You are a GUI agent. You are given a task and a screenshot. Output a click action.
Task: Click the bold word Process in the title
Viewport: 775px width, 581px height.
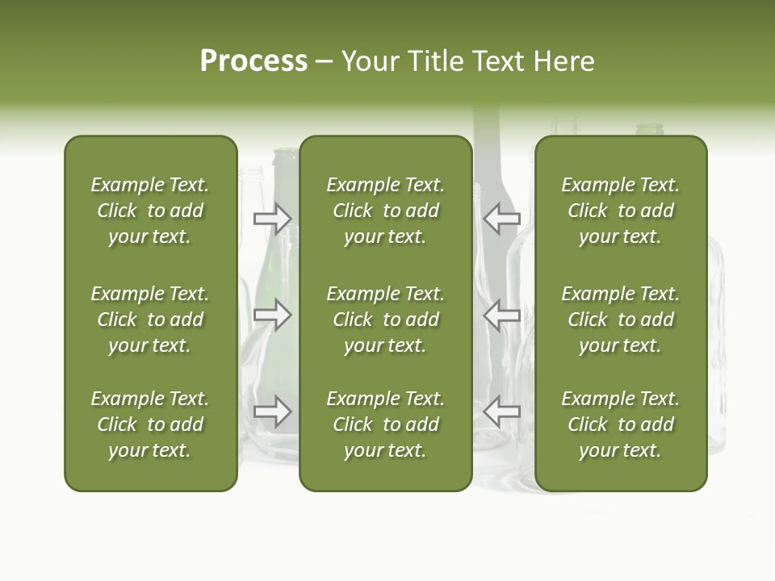[x=253, y=61]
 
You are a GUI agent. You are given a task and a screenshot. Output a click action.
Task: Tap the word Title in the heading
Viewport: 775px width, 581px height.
[x=434, y=61]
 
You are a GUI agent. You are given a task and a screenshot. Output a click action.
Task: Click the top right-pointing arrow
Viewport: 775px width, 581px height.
[x=272, y=218]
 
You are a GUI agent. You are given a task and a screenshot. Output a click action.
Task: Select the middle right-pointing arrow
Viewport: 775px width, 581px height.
[x=272, y=315]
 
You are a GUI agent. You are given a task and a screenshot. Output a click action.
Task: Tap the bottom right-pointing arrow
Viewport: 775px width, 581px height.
[x=272, y=412]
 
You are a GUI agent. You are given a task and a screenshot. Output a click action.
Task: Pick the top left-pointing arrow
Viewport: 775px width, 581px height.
[x=502, y=218]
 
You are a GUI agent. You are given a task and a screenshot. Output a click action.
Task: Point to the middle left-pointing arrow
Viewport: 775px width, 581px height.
[x=502, y=315]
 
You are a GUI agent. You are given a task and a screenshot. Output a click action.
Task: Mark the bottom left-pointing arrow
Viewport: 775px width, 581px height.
[x=502, y=412]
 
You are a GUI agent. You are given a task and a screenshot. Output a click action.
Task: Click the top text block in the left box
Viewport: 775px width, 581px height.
[x=150, y=211]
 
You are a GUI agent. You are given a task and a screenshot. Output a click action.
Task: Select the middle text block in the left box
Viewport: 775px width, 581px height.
[x=150, y=320]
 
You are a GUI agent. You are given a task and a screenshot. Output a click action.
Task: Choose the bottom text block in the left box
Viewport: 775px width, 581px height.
[x=150, y=424]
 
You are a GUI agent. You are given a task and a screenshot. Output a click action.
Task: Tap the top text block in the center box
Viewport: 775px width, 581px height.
[x=386, y=211]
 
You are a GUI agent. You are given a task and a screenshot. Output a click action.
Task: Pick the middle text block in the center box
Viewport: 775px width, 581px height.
[x=386, y=320]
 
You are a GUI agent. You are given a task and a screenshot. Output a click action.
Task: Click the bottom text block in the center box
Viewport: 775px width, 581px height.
[x=386, y=424]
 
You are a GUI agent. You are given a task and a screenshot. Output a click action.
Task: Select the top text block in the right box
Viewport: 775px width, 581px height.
[x=621, y=211]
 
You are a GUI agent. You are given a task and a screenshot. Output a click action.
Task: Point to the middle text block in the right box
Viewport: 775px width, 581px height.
[x=621, y=320]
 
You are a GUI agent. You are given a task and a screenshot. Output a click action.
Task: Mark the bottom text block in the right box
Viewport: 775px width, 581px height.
[x=621, y=424]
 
